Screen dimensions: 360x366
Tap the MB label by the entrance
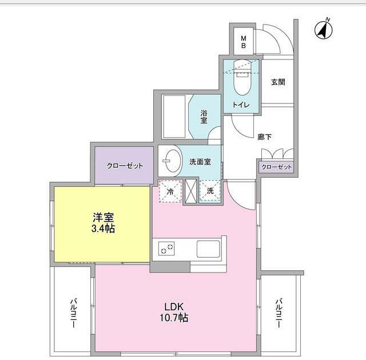coord(243,42)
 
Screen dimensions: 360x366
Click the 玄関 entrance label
coord(278,82)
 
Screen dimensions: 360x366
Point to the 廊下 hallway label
coord(264,137)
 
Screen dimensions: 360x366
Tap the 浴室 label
coord(204,117)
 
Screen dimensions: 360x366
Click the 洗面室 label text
coord(200,161)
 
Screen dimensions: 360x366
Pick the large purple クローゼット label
coord(125,166)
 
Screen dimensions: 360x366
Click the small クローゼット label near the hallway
coord(276,167)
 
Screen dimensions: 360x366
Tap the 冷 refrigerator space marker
coord(170,191)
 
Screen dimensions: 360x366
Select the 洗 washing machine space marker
coord(210,191)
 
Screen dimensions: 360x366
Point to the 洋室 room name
coord(104,217)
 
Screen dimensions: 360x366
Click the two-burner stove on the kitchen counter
coord(166,249)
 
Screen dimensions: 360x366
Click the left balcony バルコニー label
coord(74,313)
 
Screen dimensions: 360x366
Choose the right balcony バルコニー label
coord(279,313)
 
